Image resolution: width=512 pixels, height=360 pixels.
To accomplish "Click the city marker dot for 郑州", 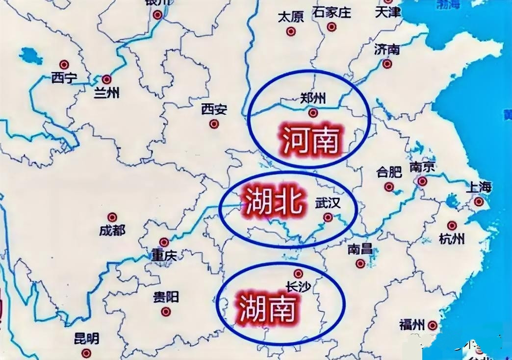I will coord(313,113).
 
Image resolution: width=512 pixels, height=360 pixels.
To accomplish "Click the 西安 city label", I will coord(214,109).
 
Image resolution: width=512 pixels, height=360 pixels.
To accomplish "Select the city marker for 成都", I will coord(112,217).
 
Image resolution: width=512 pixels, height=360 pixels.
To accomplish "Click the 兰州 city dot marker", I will coord(106,79).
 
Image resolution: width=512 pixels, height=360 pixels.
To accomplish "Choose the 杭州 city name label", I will coord(452,239).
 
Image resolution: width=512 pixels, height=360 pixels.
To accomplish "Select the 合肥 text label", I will coord(389,172).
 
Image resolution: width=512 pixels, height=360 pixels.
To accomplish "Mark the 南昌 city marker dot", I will coord(360,263).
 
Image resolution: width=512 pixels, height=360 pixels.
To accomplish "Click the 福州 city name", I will coord(411,325).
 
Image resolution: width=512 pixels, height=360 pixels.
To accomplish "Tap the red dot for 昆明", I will coord(86,353).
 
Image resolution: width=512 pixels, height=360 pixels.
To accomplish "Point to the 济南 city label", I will coord(387,49).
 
